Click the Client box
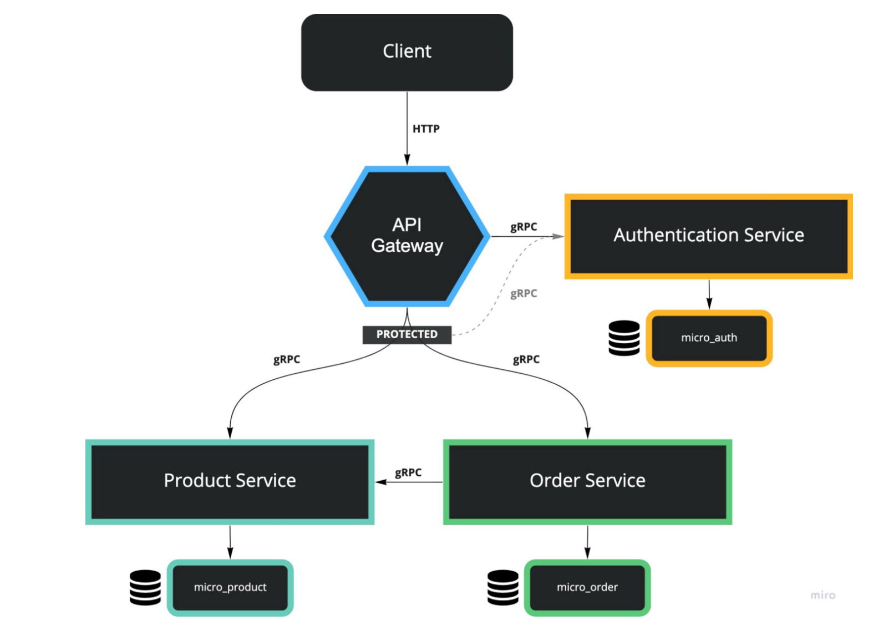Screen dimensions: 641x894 [407, 52]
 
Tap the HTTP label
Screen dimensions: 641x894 [425, 129]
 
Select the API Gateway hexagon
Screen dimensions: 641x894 [407, 236]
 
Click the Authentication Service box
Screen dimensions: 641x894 [708, 236]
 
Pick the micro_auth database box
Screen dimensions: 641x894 [709, 338]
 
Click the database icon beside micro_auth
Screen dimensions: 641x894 [624, 338]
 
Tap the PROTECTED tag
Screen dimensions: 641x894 [407, 334]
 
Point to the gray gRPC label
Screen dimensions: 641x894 [524, 293]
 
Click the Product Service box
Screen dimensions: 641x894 [230, 481]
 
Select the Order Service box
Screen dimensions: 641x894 [587, 481]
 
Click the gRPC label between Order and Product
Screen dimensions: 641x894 [408, 472]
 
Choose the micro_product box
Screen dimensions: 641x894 [230, 587]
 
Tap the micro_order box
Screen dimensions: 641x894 [587, 587]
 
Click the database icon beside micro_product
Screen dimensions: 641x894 [145, 587]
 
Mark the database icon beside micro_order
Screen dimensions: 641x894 [503, 587]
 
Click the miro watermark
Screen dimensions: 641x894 [822, 595]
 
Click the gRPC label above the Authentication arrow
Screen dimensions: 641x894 [524, 227]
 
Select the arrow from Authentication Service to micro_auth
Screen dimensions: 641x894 [709, 294]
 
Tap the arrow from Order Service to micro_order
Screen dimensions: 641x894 [587, 541]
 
